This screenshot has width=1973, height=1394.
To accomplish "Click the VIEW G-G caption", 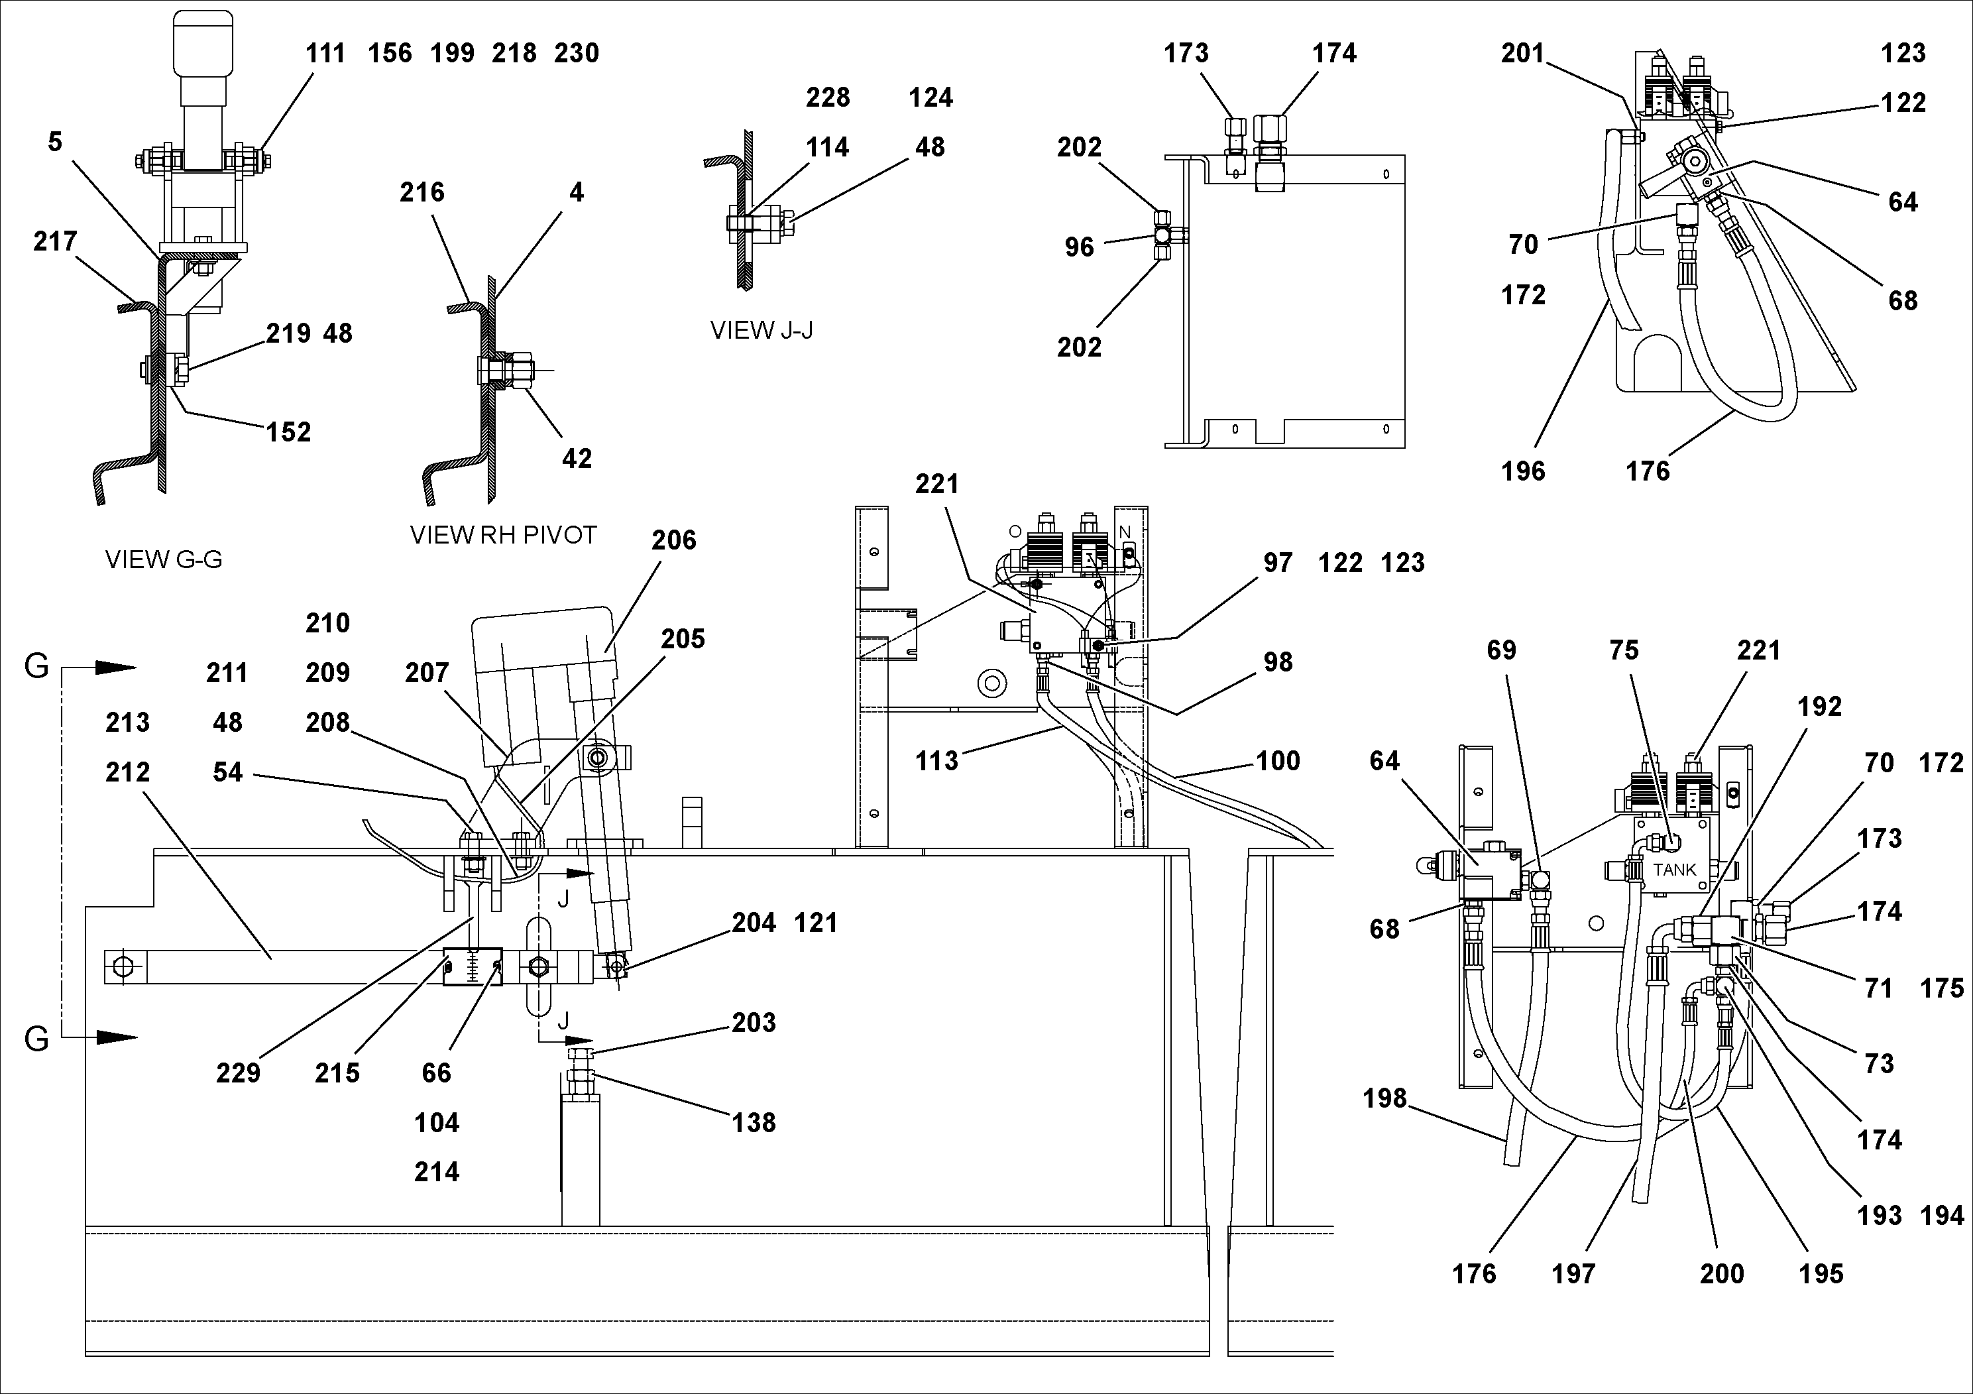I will click(x=163, y=559).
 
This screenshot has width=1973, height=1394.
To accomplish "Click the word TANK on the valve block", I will click(x=1674, y=870).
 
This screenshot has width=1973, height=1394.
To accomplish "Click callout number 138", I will click(x=754, y=1122).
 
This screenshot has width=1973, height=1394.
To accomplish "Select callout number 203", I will click(x=754, y=1022).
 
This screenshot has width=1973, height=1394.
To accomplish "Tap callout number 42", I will click(x=577, y=458).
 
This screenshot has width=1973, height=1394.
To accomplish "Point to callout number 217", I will click(x=55, y=241).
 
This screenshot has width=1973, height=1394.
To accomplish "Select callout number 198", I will click(x=1384, y=1098).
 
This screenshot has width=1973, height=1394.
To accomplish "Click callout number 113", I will click(x=936, y=760).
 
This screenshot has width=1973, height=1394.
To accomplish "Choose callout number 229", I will click(x=238, y=1073).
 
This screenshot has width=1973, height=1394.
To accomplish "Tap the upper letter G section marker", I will click(x=36, y=666).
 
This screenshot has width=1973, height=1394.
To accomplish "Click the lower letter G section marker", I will click(x=36, y=1039).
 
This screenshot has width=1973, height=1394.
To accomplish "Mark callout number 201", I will click(x=1523, y=53).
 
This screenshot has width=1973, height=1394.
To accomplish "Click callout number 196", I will click(x=1523, y=471).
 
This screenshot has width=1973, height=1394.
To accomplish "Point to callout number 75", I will click(x=1623, y=650).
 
